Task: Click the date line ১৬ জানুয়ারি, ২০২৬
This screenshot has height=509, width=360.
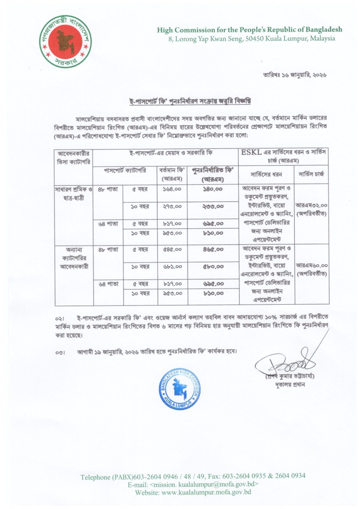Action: point(294,75)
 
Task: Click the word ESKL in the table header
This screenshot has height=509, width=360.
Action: point(251,152)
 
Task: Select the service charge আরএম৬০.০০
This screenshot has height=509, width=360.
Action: point(311,265)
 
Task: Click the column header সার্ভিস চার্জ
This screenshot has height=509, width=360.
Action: point(311,174)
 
